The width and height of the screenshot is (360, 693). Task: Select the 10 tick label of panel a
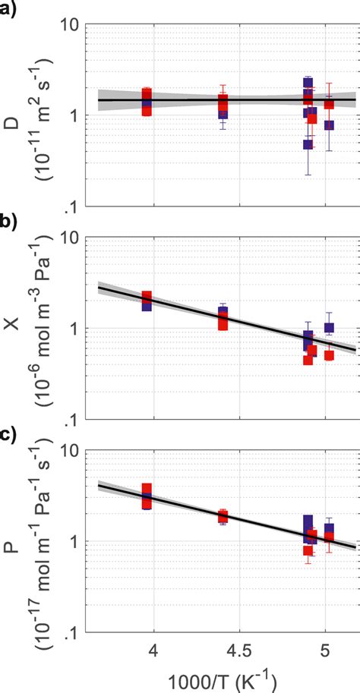(x=71, y=24)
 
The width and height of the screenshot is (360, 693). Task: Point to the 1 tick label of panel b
(x=76, y=329)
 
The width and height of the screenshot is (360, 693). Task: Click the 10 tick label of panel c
(x=71, y=451)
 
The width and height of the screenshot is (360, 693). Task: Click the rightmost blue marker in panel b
(x=329, y=328)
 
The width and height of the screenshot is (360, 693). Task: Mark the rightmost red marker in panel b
(x=329, y=355)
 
